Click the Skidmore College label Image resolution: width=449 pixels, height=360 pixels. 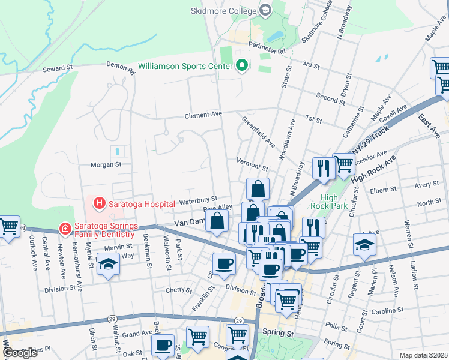(x=223, y=10)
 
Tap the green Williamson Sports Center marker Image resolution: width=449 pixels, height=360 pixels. (x=242, y=65)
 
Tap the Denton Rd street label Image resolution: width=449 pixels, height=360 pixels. (x=122, y=68)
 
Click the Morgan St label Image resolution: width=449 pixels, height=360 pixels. (x=106, y=164)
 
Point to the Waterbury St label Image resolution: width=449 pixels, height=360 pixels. (x=197, y=199)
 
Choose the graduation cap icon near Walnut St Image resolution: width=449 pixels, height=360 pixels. (x=107, y=265)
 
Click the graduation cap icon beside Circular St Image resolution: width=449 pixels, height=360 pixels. (x=364, y=245)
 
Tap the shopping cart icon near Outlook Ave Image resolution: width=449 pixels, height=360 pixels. (x=9, y=227)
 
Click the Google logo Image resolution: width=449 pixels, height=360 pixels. (x=20, y=353)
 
